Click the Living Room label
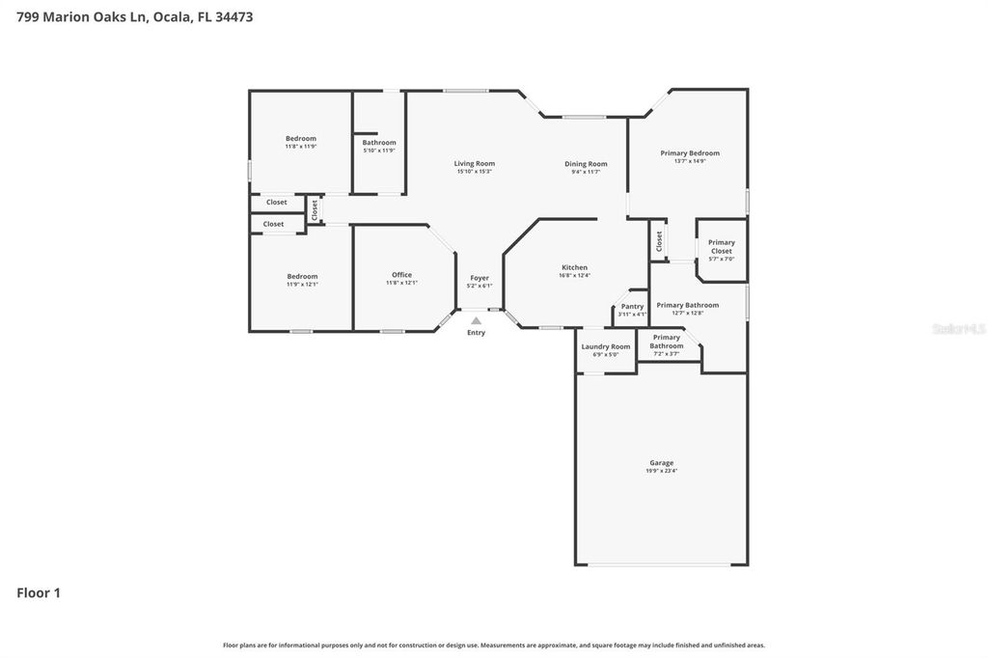pyautogui.click(x=474, y=164)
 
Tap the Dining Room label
pyautogui.click(x=586, y=164)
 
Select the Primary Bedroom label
pyautogui.click(x=690, y=153)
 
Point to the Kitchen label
pyautogui.click(x=574, y=267)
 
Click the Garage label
pyautogui.click(x=661, y=463)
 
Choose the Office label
pyautogui.click(x=401, y=275)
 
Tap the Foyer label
pyautogui.click(x=480, y=278)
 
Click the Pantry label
pyautogui.click(x=632, y=307)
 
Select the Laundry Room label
pyautogui.click(x=606, y=346)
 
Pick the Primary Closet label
pyautogui.click(x=722, y=247)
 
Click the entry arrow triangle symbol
pyautogui.click(x=476, y=321)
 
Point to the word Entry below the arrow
pyautogui.click(x=477, y=333)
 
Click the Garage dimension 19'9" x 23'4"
pyautogui.click(x=661, y=471)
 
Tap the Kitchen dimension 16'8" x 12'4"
pyautogui.click(x=574, y=275)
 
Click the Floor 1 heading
pyautogui.click(x=39, y=593)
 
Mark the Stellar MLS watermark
pyautogui.click(x=958, y=329)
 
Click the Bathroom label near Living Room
pyautogui.click(x=379, y=143)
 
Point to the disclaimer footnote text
pyautogui.click(x=494, y=645)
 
